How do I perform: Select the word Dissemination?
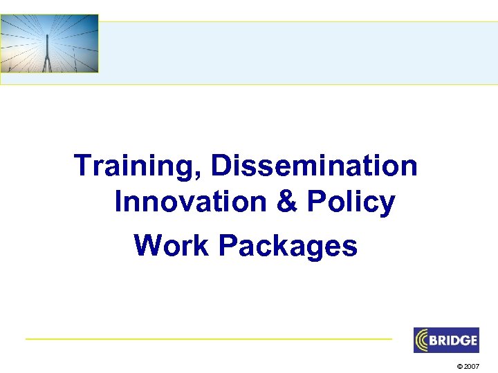(315, 166)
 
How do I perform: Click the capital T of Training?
(83, 166)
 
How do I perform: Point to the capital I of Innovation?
(118, 202)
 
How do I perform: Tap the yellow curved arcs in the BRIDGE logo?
(423, 341)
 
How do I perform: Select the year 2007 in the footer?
(471, 365)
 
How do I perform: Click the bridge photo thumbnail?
(49, 44)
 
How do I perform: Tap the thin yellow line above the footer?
(207, 338)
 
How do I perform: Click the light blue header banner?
(297, 52)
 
